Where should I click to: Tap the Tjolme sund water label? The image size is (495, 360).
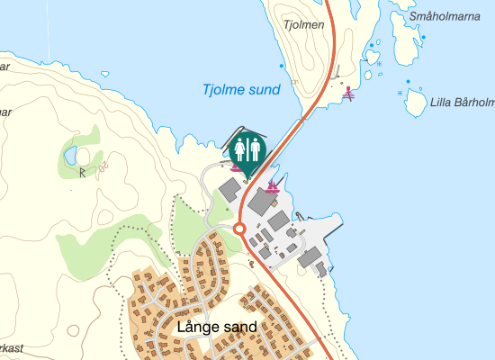point(241,90)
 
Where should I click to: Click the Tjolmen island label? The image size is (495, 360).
point(303,25)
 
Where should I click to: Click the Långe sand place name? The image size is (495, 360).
point(218,327)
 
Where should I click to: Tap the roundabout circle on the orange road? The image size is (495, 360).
point(240,229)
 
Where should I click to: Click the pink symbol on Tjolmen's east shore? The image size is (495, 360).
point(349,93)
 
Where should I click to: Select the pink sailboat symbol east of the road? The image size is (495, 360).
point(272,186)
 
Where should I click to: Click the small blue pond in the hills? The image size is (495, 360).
point(70,157)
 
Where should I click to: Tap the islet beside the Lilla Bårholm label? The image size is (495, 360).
point(415,102)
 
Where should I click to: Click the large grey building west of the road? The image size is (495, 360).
point(229,189)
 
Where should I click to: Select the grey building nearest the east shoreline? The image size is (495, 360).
point(310,259)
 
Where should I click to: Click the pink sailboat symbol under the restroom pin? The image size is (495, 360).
point(236,167)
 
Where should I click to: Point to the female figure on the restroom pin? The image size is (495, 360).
point(240,148)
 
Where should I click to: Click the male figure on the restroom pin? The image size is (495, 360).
point(255,148)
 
